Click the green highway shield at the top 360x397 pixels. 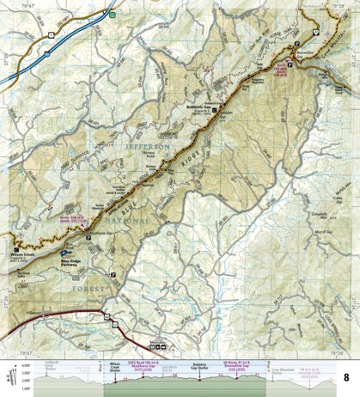[113, 15]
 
